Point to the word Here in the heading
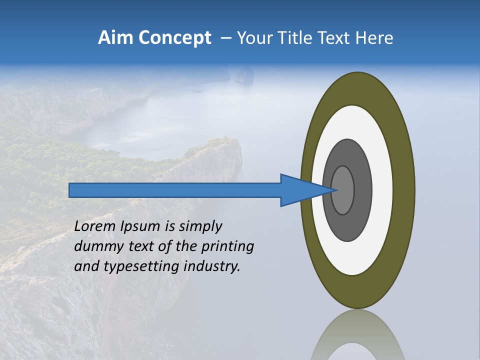[375, 38]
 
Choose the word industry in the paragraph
[212, 266]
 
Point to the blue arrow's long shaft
[175, 190]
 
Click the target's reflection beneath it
[357, 337]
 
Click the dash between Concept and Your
[226, 38]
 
